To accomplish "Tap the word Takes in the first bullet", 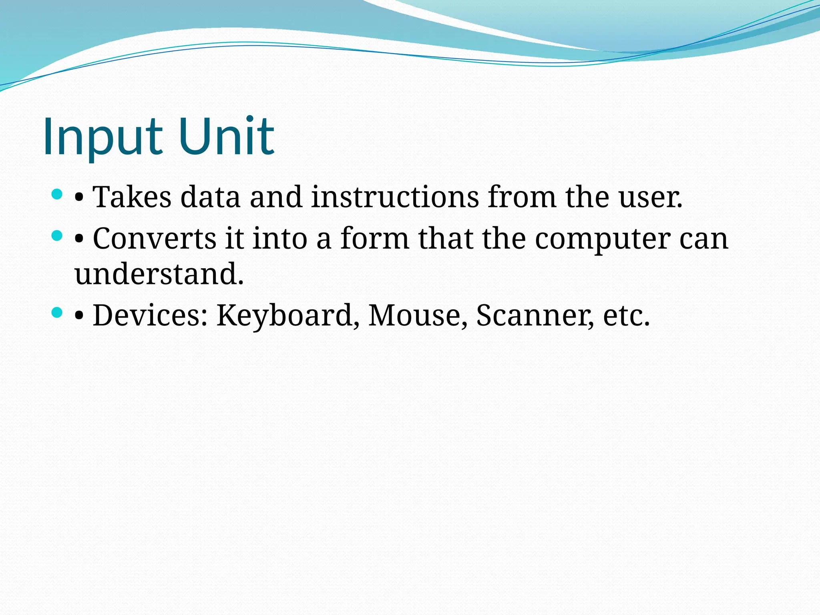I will click(132, 197).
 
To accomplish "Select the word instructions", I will click(395, 197).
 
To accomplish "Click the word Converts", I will click(155, 239).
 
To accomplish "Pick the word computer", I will click(603, 239).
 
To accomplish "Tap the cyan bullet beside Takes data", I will click(57, 195).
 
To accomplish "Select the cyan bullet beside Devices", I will click(57, 313).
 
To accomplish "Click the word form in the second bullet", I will click(375, 239).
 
